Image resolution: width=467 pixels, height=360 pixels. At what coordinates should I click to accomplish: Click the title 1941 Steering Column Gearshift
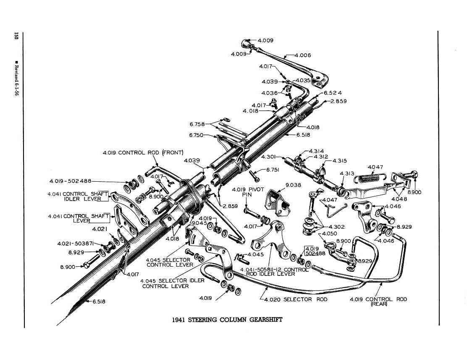coord(227,320)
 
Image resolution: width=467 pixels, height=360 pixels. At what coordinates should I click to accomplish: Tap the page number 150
coord(16,36)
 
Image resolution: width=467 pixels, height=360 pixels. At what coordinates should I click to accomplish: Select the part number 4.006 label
coord(303,55)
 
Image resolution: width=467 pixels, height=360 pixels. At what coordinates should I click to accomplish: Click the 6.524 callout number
coord(333,93)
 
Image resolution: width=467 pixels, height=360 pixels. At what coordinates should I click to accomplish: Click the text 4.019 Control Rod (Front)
coord(143,152)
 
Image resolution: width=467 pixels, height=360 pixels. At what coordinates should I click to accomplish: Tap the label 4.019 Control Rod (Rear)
coord(378,302)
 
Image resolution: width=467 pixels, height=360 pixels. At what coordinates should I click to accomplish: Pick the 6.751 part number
coord(273,170)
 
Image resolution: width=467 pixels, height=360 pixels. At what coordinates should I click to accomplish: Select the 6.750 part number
coord(196,135)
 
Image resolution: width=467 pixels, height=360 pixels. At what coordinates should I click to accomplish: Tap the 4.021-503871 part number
coord(75,244)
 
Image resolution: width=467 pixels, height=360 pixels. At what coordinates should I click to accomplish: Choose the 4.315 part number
coord(340,161)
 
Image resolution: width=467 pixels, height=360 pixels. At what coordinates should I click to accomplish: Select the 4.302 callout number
coord(337,227)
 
